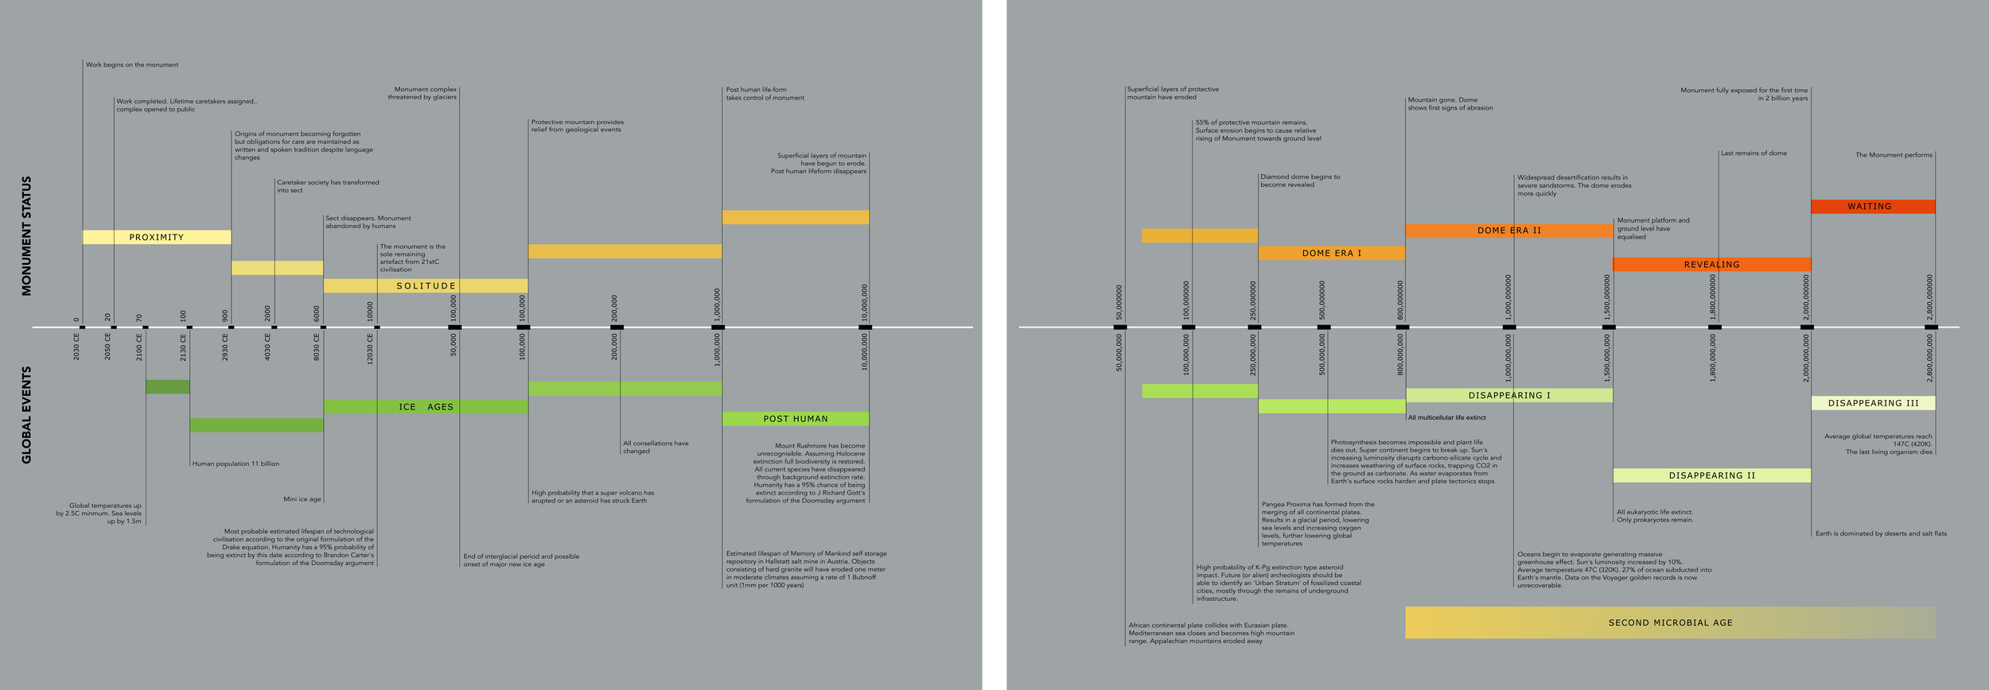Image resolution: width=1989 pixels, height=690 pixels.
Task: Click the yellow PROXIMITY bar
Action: coord(157,237)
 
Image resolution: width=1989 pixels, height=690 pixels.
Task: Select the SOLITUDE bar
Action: coord(426,285)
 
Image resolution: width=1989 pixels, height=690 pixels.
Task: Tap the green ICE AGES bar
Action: coord(426,407)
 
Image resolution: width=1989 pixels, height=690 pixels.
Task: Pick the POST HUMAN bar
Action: coord(796,419)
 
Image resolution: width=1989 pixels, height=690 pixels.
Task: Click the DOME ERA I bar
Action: coord(1331,254)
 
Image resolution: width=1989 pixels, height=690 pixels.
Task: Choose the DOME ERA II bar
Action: coord(1508,231)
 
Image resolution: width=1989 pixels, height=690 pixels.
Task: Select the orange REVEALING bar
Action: coord(1711,265)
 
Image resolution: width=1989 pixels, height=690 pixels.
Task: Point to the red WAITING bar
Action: coord(1873,207)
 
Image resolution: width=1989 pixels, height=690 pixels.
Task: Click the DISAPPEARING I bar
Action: coord(1508,395)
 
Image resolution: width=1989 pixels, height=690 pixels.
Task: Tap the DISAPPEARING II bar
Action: coord(1711,475)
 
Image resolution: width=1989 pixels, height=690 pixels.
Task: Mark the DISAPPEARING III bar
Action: coord(1873,403)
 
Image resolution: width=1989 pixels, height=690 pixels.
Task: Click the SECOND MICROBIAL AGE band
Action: coord(1670,622)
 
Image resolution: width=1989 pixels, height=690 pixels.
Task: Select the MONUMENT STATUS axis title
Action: coord(27,236)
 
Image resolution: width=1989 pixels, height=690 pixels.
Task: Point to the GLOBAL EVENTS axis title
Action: coord(27,414)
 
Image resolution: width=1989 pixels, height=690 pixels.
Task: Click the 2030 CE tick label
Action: coord(77,347)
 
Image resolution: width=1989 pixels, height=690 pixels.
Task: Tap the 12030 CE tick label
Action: coord(370,348)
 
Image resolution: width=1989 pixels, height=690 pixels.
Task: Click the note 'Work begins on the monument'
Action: coord(132,65)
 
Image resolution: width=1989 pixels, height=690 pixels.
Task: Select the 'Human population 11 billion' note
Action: coord(235,463)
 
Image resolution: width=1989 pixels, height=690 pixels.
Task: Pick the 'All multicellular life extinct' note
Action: coord(1446,417)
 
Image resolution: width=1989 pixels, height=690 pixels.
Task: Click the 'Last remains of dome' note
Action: coord(1754,153)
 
